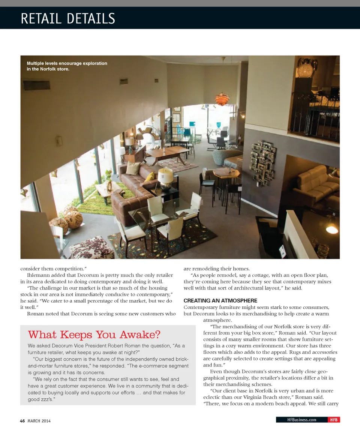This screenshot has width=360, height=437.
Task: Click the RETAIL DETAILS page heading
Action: click(68, 18)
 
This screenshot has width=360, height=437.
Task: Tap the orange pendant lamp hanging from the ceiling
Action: click(222, 99)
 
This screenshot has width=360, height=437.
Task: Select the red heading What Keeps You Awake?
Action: click(94, 334)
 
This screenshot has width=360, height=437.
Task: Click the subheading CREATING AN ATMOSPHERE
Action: click(220, 300)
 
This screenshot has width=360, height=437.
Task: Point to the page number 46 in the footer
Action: click(22, 421)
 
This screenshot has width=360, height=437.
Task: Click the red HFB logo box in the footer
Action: click(333, 420)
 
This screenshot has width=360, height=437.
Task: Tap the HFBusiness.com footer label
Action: click(301, 420)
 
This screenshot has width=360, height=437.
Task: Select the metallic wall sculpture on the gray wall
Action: click(262, 162)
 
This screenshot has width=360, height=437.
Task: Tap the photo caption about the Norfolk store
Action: click(67, 66)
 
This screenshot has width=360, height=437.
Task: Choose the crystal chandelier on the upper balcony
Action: click(307, 68)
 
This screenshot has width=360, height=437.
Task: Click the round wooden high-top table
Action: click(226, 173)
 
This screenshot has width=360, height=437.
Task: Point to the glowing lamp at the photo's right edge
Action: click(332, 229)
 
